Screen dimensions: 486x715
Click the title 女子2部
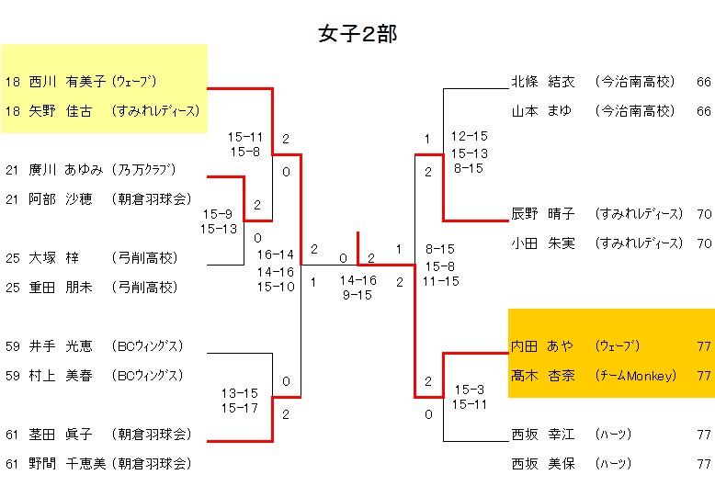point(357,34)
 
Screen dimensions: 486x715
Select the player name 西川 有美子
point(68,82)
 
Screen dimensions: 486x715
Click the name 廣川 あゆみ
point(68,170)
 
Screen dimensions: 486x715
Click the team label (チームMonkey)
point(635,376)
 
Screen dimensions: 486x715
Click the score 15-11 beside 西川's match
point(246,136)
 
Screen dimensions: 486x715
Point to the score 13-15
point(240,393)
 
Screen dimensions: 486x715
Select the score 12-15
point(469,136)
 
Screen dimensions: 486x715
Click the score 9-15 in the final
point(357,295)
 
